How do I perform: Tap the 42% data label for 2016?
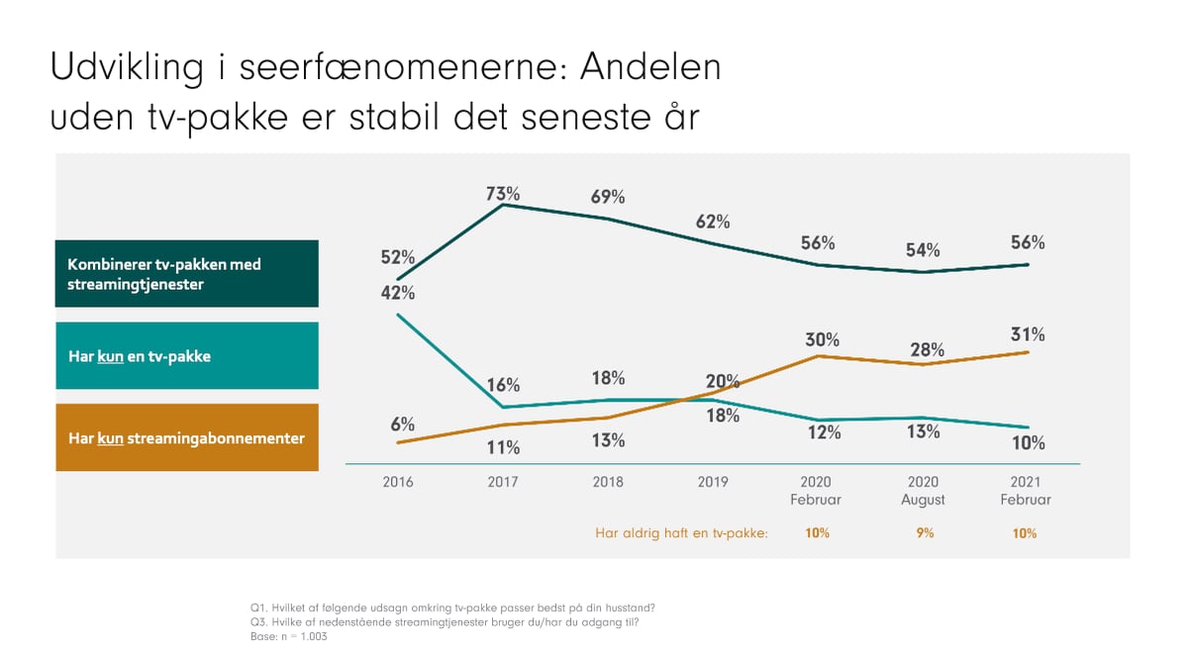[398, 293]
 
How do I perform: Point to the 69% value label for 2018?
[608, 197]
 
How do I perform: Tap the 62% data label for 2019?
[713, 221]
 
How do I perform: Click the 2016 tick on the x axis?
[398, 482]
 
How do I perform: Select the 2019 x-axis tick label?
[713, 482]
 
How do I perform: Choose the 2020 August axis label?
[923, 491]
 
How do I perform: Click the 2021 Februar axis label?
[1027, 491]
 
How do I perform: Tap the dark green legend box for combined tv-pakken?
[186, 273]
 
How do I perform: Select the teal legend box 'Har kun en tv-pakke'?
[186, 355]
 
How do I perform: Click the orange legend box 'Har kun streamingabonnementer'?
[186, 437]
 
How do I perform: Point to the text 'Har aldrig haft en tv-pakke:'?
[682, 533]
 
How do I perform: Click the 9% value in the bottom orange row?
[924, 533]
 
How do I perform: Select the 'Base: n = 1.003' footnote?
[289, 637]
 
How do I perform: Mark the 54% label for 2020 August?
[924, 250]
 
